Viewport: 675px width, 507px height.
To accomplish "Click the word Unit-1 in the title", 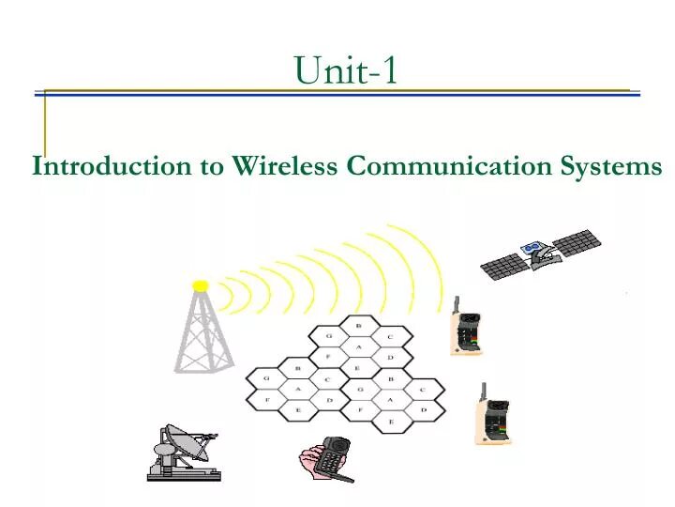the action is click(345, 69).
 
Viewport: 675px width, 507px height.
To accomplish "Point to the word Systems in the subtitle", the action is click(611, 166).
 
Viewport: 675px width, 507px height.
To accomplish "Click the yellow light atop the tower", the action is click(200, 285).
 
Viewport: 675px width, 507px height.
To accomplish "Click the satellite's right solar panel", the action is click(576, 240).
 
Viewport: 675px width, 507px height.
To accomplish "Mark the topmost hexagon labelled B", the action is click(357, 325).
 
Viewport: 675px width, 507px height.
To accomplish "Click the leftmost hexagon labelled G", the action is click(266, 378).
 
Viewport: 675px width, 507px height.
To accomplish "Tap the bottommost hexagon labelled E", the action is click(390, 423).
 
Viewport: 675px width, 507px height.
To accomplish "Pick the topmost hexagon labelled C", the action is click(390, 336).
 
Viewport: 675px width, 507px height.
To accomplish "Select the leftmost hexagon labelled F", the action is click(266, 401).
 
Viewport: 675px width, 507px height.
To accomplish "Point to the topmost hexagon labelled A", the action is click(357, 347).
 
